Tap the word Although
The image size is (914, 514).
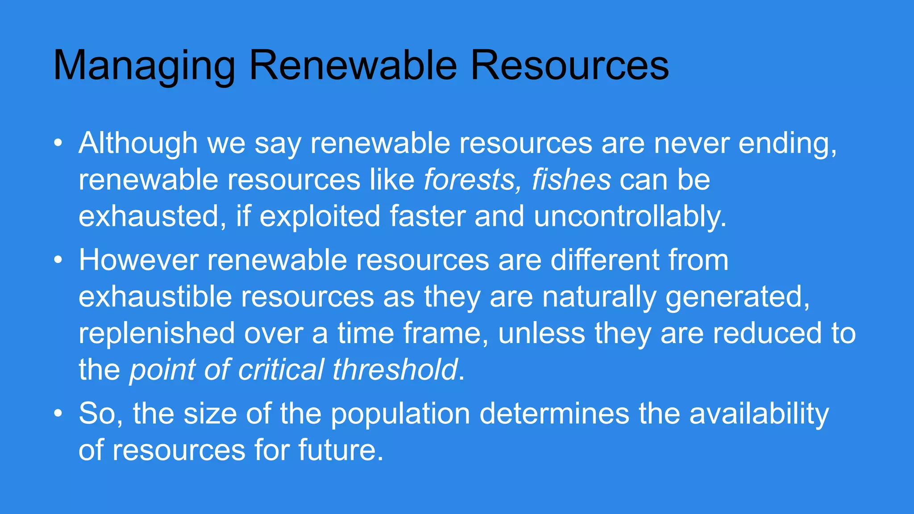pos(138,143)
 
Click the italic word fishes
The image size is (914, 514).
pos(571,180)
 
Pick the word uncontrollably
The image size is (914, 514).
pos(630,216)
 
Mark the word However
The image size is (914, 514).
pos(138,260)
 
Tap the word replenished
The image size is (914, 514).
pos(157,333)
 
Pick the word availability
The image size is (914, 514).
pos(759,414)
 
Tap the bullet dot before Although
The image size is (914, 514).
pos(58,144)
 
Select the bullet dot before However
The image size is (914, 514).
pos(58,261)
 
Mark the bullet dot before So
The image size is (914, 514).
pos(58,414)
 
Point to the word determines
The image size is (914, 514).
pos(554,414)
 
